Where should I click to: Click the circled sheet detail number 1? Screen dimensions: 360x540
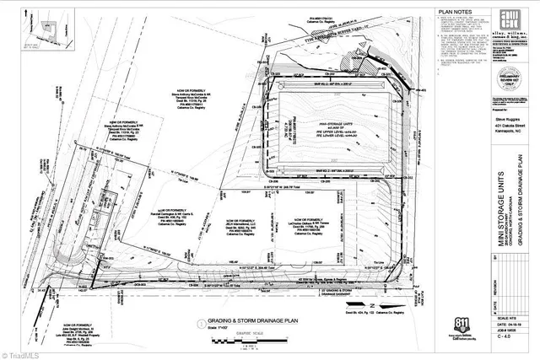(x=197, y=322)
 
